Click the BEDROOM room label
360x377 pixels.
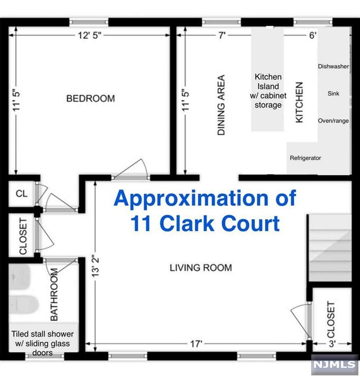point(91,98)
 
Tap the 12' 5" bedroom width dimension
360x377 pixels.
point(89,35)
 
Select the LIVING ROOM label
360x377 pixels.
point(201,268)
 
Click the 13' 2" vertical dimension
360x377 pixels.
point(96,267)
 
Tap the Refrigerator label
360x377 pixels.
point(305,158)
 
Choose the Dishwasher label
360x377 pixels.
point(334,66)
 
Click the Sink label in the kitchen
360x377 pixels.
point(334,93)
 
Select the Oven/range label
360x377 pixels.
point(334,121)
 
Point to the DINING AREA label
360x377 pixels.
point(221,105)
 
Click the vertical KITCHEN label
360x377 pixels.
point(299,102)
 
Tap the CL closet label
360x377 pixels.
point(21,194)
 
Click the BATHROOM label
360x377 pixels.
point(54,294)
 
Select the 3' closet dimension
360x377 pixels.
point(332,344)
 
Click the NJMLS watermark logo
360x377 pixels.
point(335,365)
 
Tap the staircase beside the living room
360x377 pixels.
point(330,248)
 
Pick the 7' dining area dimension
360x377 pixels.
point(222,35)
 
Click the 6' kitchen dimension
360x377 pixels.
point(313,35)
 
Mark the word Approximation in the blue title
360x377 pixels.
point(191,199)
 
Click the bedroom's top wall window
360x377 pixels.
point(89,22)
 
